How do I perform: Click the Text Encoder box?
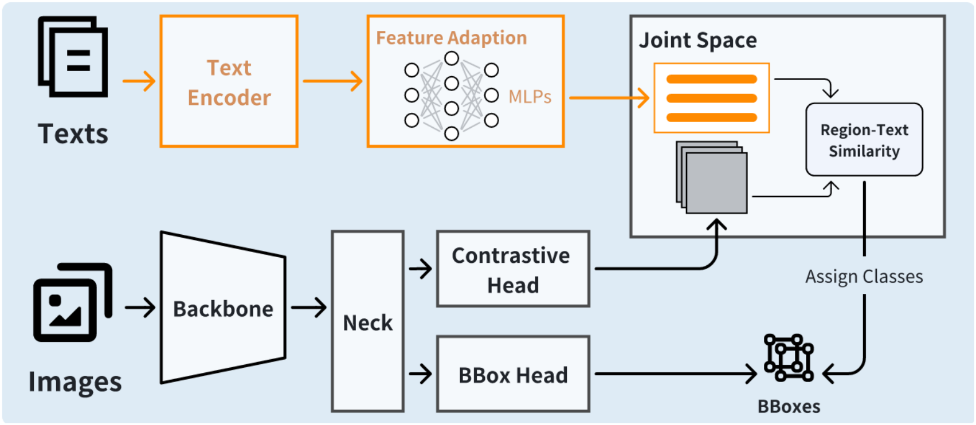click(x=229, y=81)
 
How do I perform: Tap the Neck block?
click(x=367, y=322)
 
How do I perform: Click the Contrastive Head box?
click(x=512, y=269)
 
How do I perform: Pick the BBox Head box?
click(x=512, y=375)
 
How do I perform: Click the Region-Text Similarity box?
click(x=864, y=140)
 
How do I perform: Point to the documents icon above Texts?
click(x=73, y=57)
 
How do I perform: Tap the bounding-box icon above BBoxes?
click(x=789, y=358)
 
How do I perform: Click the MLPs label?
click(x=530, y=97)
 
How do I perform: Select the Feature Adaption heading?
click(x=451, y=38)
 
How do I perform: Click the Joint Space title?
click(x=697, y=40)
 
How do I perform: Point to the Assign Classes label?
click(x=864, y=277)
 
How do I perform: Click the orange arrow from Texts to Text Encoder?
click(x=139, y=81)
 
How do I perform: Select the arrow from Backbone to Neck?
click(x=308, y=308)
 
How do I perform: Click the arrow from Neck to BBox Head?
click(x=420, y=374)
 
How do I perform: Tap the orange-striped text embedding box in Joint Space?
click(x=711, y=98)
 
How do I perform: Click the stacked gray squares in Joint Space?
click(x=712, y=178)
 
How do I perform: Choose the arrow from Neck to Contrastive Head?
click(x=420, y=268)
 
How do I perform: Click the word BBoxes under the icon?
click(x=789, y=406)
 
